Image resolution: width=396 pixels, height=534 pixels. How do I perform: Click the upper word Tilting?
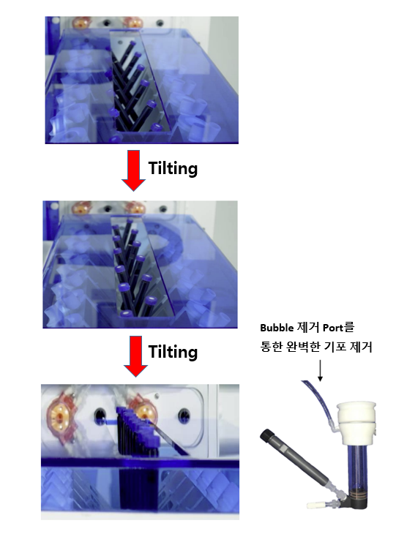point(173,168)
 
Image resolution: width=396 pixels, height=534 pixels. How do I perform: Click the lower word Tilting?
point(173,351)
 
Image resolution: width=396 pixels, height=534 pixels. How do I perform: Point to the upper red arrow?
point(134,170)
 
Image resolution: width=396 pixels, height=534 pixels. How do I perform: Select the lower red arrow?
point(135,356)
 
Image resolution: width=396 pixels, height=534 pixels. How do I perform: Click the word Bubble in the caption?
point(277,328)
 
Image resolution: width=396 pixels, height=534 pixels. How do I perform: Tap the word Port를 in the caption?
point(338,328)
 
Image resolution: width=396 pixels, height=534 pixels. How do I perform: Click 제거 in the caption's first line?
point(308,328)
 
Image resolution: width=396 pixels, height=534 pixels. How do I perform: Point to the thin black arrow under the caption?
point(320,371)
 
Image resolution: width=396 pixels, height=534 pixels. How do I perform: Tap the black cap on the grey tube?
point(268,435)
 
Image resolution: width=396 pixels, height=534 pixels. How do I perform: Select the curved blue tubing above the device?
point(318,402)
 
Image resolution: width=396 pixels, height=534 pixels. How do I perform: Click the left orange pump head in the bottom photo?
point(61,416)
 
